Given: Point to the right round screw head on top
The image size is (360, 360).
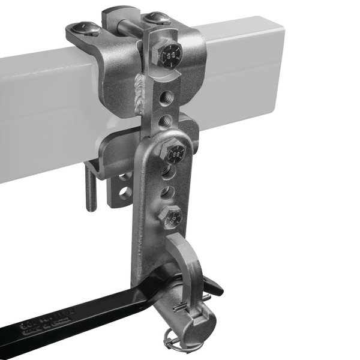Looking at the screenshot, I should [x=157, y=19].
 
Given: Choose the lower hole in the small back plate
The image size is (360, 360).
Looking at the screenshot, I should [x=125, y=193].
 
